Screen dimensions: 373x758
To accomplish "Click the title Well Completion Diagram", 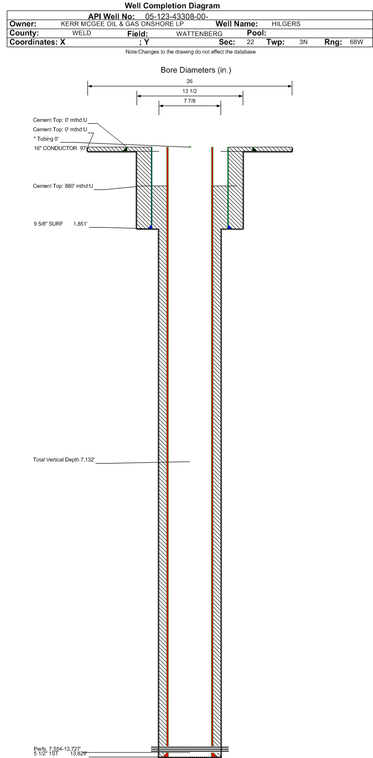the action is click(172, 6).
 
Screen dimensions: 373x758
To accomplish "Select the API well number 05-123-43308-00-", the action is click(176, 17).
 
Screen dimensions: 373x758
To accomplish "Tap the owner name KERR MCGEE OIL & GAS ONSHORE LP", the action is click(122, 24).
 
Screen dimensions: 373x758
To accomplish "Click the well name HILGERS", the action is click(286, 24).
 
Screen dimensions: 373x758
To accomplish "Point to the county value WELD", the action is click(82, 33).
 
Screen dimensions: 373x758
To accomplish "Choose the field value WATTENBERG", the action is click(199, 34).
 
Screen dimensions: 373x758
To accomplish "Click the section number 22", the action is click(250, 42).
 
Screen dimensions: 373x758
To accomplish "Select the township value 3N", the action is click(303, 42).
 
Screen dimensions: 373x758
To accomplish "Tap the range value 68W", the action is click(356, 42).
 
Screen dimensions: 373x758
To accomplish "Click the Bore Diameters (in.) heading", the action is click(196, 70).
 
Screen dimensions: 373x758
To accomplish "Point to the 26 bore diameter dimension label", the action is click(189, 81).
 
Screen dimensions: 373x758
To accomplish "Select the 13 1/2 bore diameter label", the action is click(189, 91).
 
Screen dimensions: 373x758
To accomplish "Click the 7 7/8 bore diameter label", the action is click(189, 101).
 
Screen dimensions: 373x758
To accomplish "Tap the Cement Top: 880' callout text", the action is click(63, 186).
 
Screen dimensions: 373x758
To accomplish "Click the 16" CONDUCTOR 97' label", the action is click(60, 148).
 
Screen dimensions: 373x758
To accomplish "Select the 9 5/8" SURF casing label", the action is click(48, 224).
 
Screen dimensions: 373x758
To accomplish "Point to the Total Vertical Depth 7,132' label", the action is click(64, 460).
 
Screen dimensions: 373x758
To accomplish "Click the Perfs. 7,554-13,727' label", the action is click(57, 749).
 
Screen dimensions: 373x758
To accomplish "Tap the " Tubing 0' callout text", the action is click(46, 139).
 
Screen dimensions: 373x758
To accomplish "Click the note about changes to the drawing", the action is click(190, 52).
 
